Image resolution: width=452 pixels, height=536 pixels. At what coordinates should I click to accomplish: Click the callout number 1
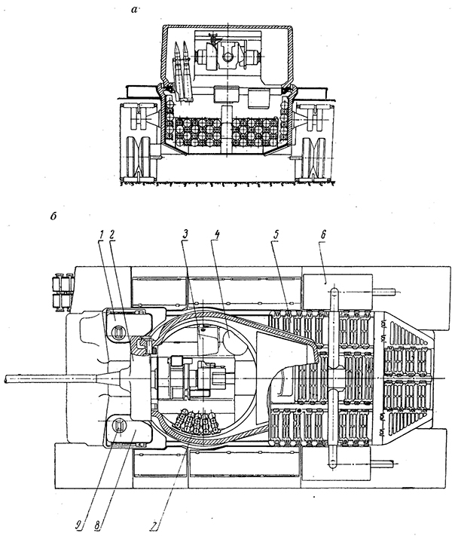(101, 234)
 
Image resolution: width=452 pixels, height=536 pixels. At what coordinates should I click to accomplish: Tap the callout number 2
(111, 234)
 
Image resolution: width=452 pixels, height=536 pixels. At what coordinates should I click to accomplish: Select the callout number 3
(185, 234)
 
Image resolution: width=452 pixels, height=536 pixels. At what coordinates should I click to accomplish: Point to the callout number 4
(216, 234)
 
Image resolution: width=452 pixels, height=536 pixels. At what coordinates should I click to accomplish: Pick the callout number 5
(276, 234)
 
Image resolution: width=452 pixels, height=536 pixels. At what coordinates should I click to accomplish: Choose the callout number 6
(323, 234)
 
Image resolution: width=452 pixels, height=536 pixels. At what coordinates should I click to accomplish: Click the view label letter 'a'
(135, 10)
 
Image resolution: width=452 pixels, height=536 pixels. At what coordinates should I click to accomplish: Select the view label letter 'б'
(53, 216)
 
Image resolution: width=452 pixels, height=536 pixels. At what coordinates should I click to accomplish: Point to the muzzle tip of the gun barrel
(5, 379)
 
